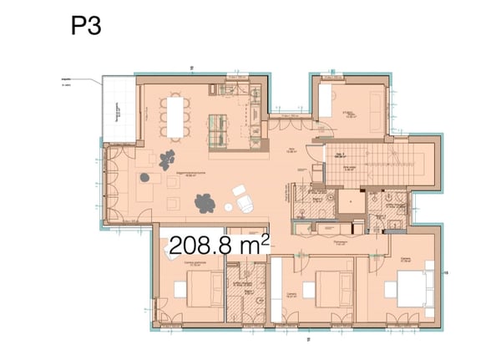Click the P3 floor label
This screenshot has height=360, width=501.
tap(86, 26)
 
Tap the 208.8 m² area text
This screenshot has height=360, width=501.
tap(219, 245)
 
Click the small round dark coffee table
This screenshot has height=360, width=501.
tap(148, 176)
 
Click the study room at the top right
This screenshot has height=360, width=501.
tap(351, 109)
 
